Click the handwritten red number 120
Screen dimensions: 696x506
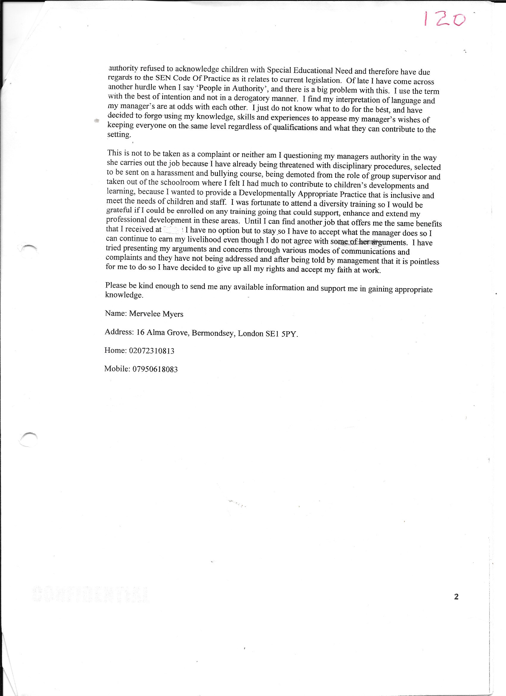coord(444,19)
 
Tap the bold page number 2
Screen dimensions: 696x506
coord(456,597)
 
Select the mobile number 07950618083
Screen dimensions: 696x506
coord(155,369)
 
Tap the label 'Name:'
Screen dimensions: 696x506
coord(116,313)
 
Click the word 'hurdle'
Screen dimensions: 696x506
coord(146,88)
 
